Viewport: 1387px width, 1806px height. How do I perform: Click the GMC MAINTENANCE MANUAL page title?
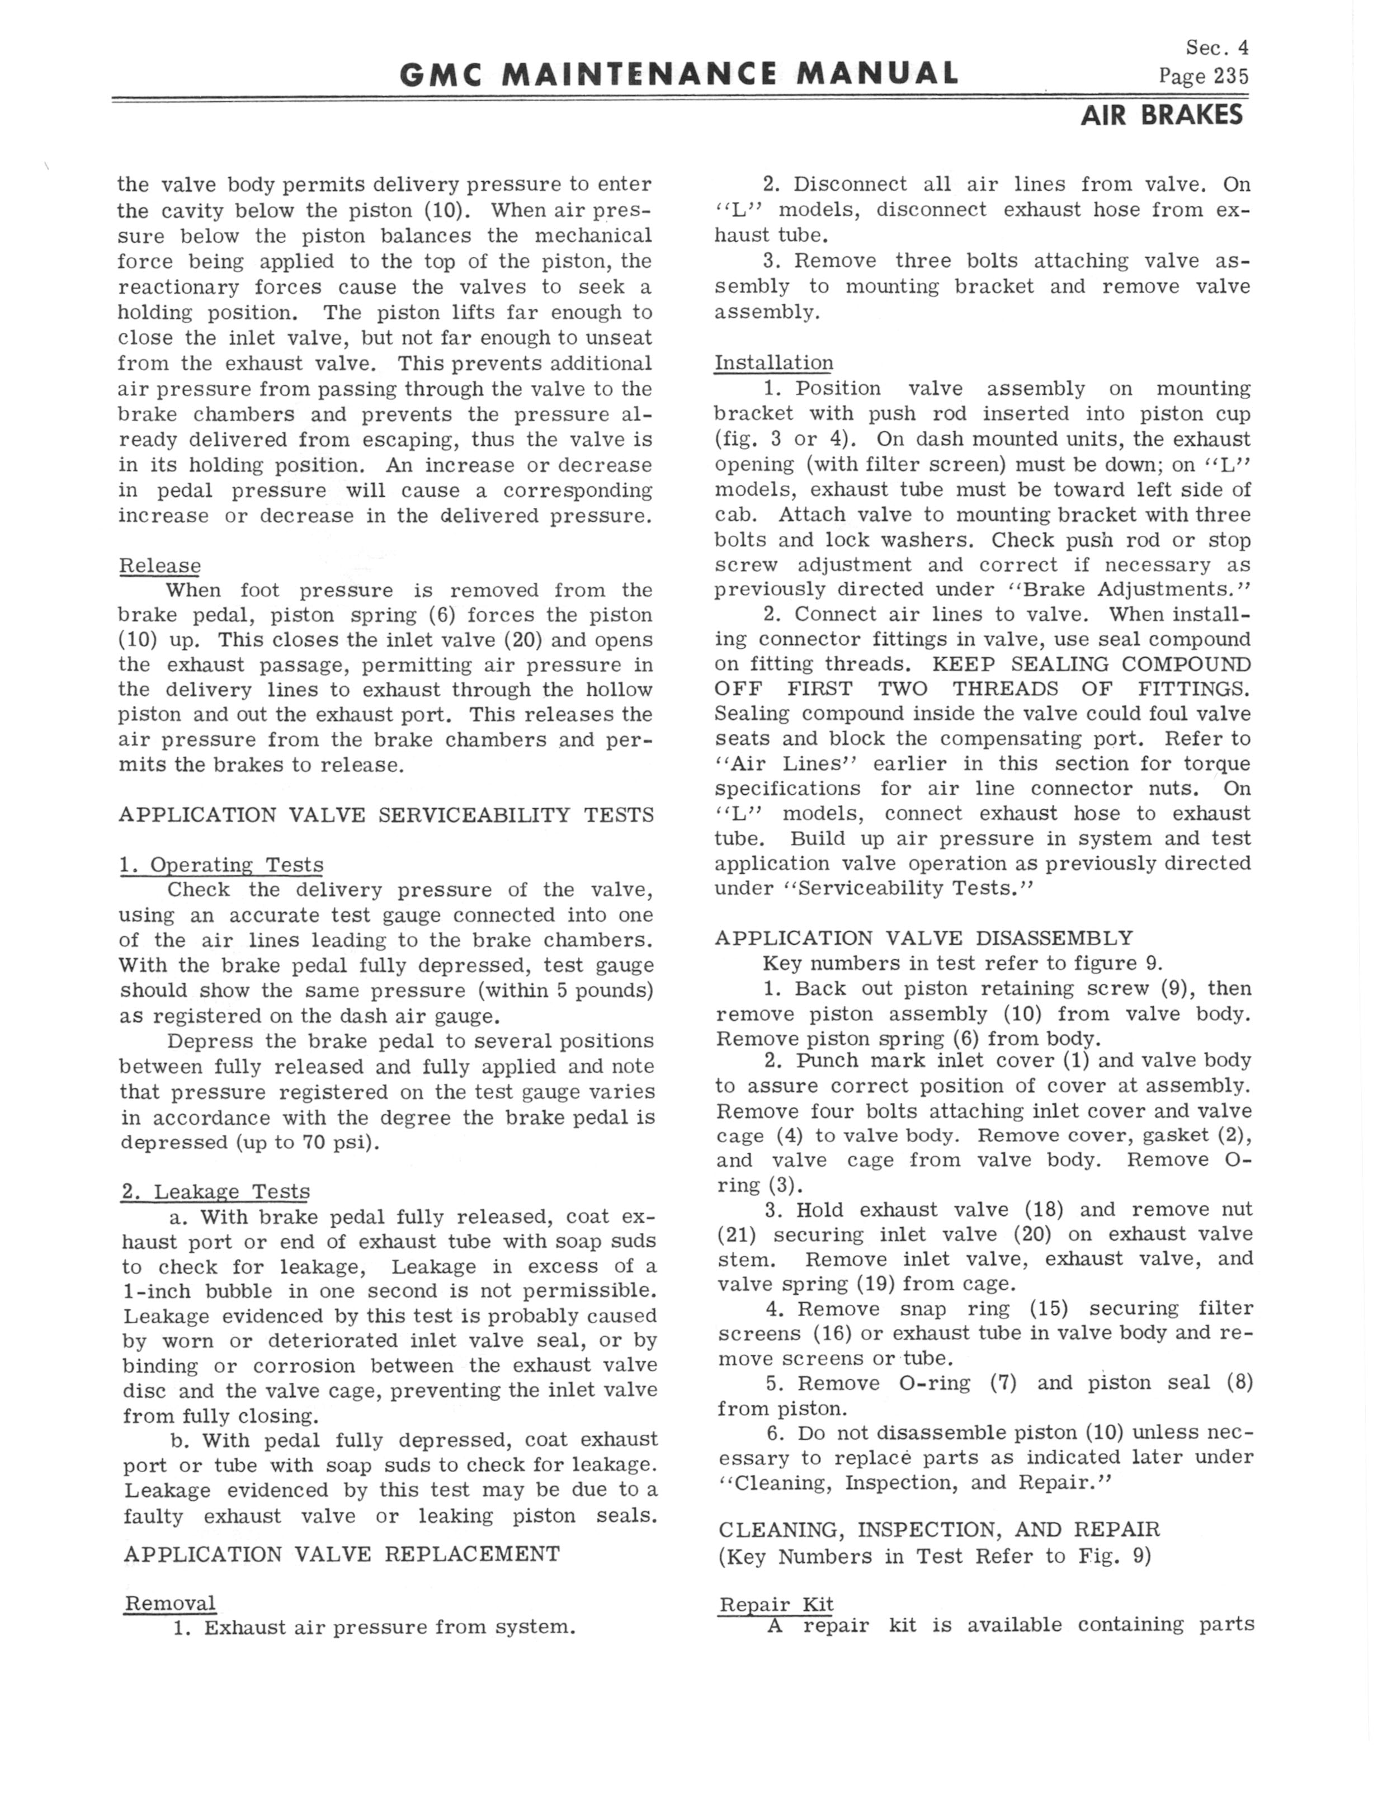pos(678,74)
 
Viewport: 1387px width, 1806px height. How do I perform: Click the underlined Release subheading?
pos(160,565)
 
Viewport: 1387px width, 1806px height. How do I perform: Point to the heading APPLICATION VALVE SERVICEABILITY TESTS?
pos(386,815)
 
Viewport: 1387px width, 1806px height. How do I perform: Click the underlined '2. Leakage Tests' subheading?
pos(215,1191)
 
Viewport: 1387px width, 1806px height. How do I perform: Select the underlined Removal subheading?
pos(169,1603)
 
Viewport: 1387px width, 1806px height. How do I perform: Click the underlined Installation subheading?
pos(773,362)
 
